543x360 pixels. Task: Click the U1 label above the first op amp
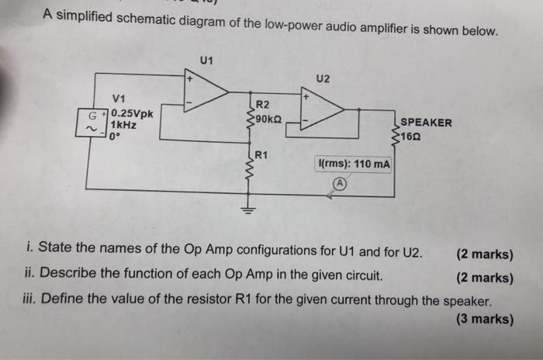(x=206, y=60)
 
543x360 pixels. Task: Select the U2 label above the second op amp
(x=323, y=79)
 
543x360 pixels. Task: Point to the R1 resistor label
(x=261, y=154)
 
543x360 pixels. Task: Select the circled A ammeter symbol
(x=338, y=184)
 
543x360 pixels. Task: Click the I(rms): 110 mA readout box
(x=355, y=164)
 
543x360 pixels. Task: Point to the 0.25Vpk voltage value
(x=132, y=112)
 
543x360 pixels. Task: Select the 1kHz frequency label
(x=124, y=125)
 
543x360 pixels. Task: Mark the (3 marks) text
(x=484, y=318)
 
